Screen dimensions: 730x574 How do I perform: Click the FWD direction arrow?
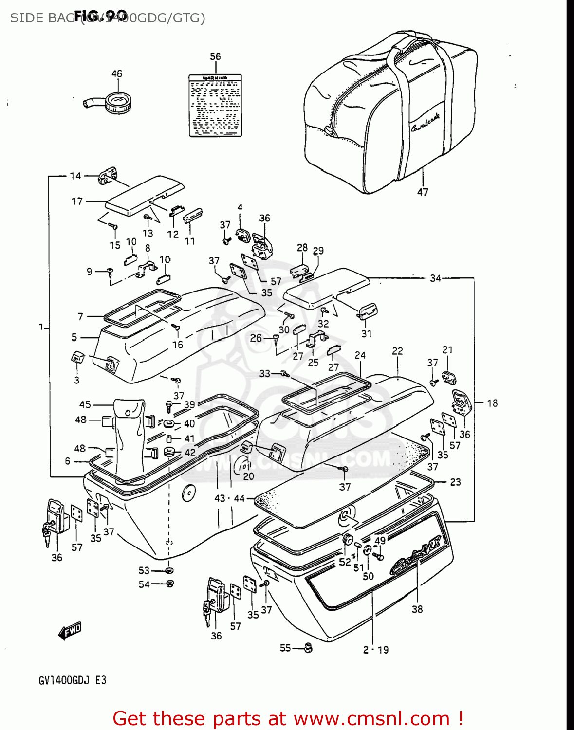[x=70, y=631]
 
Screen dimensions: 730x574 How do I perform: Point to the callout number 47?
[x=423, y=192]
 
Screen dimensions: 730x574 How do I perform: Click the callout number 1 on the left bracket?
[x=41, y=327]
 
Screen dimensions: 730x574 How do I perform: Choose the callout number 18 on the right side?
[x=492, y=403]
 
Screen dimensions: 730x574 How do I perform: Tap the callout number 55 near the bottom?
[x=285, y=648]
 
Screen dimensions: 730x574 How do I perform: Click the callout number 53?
[x=144, y=570]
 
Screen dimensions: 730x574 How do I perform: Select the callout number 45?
[x=85, y=404]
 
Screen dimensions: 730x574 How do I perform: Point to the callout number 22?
[x=397, y=351]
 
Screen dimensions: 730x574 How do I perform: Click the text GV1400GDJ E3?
[x=73, y=680]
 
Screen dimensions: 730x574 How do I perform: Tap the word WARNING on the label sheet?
[x=215, y=78]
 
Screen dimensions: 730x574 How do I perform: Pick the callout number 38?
[x=417, y=609]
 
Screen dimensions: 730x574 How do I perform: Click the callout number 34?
[x=435, y=278]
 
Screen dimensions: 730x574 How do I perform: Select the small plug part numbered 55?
[x=308, y=648]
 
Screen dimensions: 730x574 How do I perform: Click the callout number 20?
[x=248, y=476]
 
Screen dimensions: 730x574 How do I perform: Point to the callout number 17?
[x=77, y=201]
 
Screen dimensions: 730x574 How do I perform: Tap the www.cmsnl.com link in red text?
[x=371, y=718]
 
